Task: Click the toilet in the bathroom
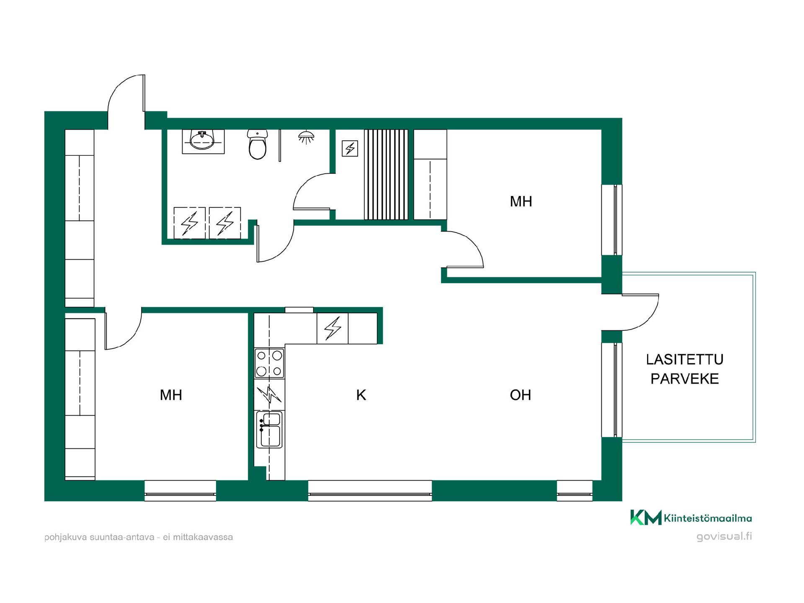pyautogui.click(x=257, y=144)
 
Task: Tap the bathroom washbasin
pyautogui.click(x=203, y=141)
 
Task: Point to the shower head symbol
pyautogui.click(x=307, y=137)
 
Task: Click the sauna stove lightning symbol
pyautogui.click(x=350, y=148)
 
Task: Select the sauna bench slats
pyautogui.click(x=386, y=174)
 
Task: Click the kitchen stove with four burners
pyautogui.click(x=269, y=363)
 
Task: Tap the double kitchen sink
pyautogui.click(x=269, y=429)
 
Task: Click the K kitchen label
pyautogui.click(x=361, y=395)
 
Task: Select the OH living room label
pyautogui.click(x=521, y=395)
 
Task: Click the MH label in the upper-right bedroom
pyautogui.click(x=521, y=201)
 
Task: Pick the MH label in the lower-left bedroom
pyautogui.click(x=171, y=395)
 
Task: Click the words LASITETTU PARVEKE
pyautogui.click(x=685, y=369)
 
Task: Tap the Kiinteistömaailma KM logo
pyautogui.click(x=691, y=518)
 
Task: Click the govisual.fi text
pyautogui.click(x=724, y=537)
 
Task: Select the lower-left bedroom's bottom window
pyautogui.click(x=180, y=491)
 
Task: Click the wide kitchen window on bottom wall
pyautogui.click(x=370, y=491)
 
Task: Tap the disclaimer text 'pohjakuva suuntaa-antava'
pyautogui.click(x=100, y=537)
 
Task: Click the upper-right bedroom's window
pyautogui.click(x=612, y=220)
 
